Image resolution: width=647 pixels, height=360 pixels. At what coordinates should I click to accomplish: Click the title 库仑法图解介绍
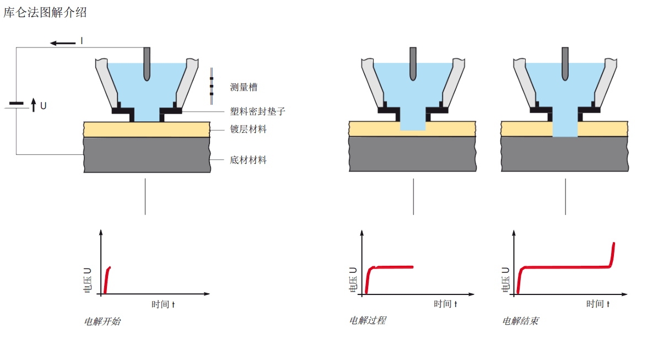coord(45,12)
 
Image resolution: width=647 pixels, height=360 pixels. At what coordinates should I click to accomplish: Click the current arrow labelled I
coord(62,42)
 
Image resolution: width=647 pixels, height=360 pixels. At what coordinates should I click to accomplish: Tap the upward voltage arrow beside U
coord(33,104)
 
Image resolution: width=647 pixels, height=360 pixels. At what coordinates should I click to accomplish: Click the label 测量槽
coord(244,87)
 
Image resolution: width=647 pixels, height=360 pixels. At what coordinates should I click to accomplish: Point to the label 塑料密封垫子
coord(257,111)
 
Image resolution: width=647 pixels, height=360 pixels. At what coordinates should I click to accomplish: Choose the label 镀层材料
coord(248,130)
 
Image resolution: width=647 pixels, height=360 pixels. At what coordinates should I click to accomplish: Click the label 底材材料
coord(248,160)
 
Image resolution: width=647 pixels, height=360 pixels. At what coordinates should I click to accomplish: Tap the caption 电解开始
coord(102,321)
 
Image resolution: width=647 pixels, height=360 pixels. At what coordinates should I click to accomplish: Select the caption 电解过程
coord(368,320)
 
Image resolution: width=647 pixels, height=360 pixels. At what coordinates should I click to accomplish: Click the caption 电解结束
coord(520,321)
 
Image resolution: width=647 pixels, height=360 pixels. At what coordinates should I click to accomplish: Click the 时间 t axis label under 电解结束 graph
coord(597,304)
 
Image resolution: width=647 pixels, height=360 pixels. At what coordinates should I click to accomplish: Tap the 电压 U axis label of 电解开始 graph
coord(88,280)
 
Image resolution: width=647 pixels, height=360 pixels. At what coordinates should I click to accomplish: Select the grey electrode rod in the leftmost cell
coord(147,63)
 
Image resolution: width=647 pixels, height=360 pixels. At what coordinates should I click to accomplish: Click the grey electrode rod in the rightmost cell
coord(565,63)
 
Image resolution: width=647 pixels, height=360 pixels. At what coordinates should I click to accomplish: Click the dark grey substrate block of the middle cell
coord(412,154)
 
